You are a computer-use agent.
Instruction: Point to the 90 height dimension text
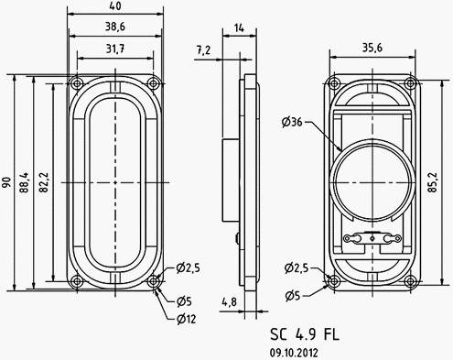tap(7, 183)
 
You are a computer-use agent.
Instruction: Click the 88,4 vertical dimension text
tap(26, 183)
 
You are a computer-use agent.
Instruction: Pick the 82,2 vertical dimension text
tap(45, 183)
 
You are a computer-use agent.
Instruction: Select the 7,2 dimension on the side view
tap(203, 49)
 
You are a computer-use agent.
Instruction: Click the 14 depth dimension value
tap(240, 29)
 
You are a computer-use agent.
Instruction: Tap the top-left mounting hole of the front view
tap(74, 83)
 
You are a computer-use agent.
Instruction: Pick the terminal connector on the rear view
tap(372, 239)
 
